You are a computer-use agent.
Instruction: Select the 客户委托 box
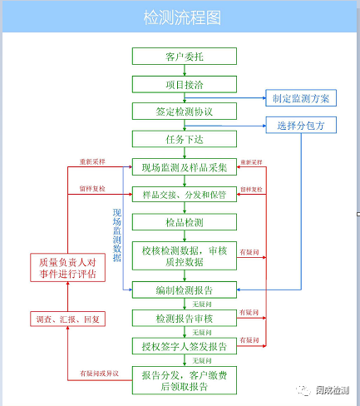pyautogui.click(x=185, y=56)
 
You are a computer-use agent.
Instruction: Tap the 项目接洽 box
pyautogui.click(x=185, y=84)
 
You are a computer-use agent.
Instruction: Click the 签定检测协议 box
pyautogui.click(x=185, y=111)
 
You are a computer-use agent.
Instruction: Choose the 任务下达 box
pyautogui.click(x=185, y=139)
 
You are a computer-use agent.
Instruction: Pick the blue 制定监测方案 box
pyautogui.click(x=300, y=98)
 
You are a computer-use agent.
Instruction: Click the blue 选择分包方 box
pyautogui.click(x=300, y=126)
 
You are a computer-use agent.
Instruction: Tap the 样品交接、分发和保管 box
pyautogui.click(x=185, y=195)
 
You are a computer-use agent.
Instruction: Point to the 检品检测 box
pyautogui.click(x=185, y=222)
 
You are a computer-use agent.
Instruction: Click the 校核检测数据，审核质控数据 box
pyautogui.click(x=185, y=255)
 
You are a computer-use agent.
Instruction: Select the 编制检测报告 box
pyautogui.click(x=185, y=290)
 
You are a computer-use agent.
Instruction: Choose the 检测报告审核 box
pyautogui.click(x=185, y=318)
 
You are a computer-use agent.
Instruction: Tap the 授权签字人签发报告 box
pyautogui.click(x=185, y=345)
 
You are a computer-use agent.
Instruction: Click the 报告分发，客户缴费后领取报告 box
pyautogui.click(x=185, y=380)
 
